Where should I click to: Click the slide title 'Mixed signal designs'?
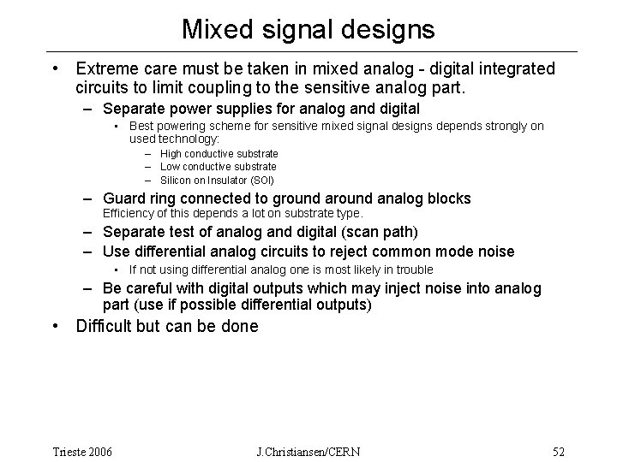[308, 30]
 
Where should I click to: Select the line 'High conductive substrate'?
[225, 154]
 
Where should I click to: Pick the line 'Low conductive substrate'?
[224, 166]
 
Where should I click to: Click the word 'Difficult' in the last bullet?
[104, 326]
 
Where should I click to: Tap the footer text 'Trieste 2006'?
[81, 451]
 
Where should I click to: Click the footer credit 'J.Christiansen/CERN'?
[309, 451]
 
